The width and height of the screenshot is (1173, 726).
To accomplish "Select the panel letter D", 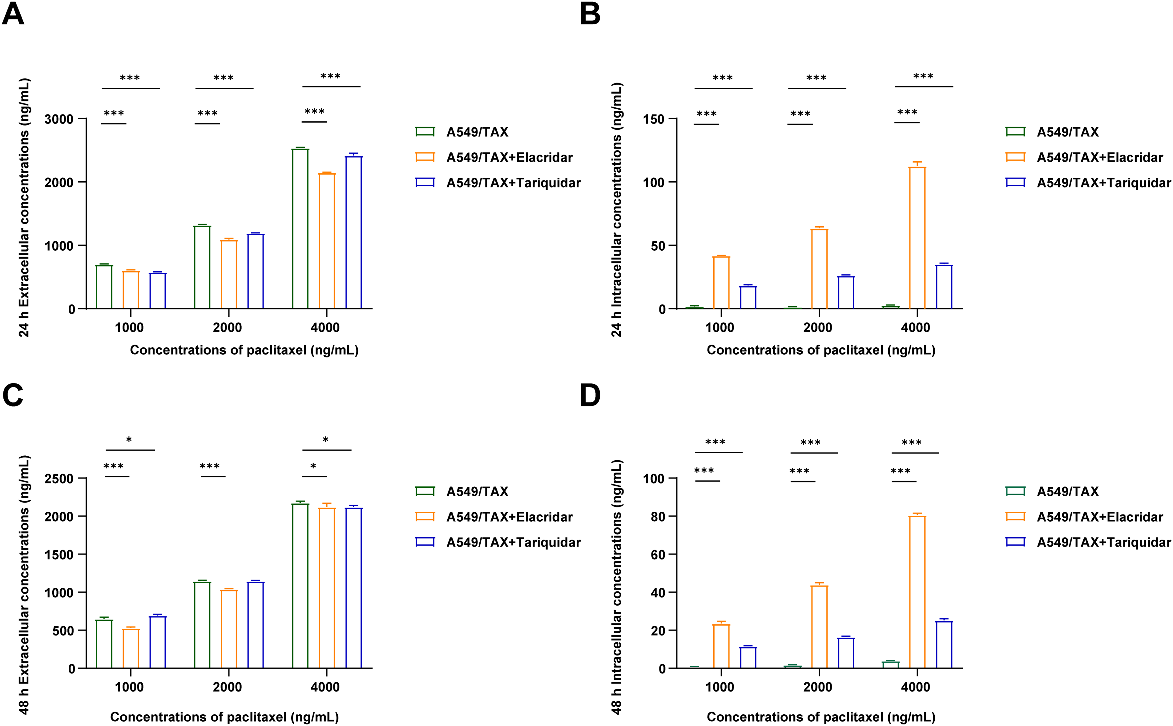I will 590,396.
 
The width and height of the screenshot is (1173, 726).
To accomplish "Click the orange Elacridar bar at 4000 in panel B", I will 917,238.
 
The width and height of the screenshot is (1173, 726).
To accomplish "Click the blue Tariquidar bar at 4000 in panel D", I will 944,644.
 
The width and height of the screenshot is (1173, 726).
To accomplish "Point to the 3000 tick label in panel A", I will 59,119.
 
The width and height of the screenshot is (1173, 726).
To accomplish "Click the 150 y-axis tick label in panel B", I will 654,119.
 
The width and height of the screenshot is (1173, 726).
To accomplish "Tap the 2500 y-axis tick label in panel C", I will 59,479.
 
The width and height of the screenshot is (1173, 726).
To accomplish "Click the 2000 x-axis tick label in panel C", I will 227,687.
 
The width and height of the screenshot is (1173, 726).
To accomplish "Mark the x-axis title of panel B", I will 820,350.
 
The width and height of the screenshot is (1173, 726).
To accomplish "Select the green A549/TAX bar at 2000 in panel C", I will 202,625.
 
